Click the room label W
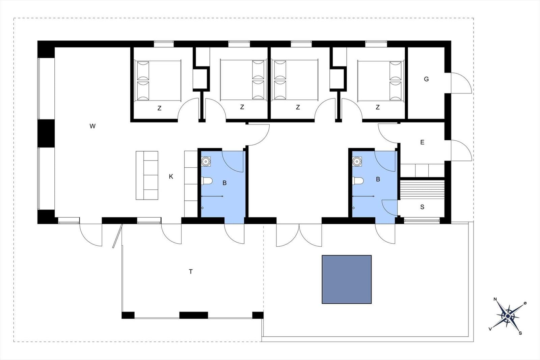click(92, 126)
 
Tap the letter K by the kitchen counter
click(171, 177)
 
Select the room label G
click(426, 79)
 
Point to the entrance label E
click(422, 142)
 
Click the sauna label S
click(422, 207)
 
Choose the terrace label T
click(191, 272)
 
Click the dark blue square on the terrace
click(347, 279)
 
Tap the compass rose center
click(508, 316)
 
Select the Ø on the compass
click(525, 303)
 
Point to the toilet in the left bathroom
click(207, 181)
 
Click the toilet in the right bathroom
click(358, 181)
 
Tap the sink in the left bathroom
click(206, 162)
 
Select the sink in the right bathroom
click(357, 162)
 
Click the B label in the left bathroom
click(224, 183)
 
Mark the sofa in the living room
click(147, 175)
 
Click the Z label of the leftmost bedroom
click(159, 108)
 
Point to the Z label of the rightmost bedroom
click(378, 107)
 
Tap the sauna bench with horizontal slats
click(422, 189)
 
